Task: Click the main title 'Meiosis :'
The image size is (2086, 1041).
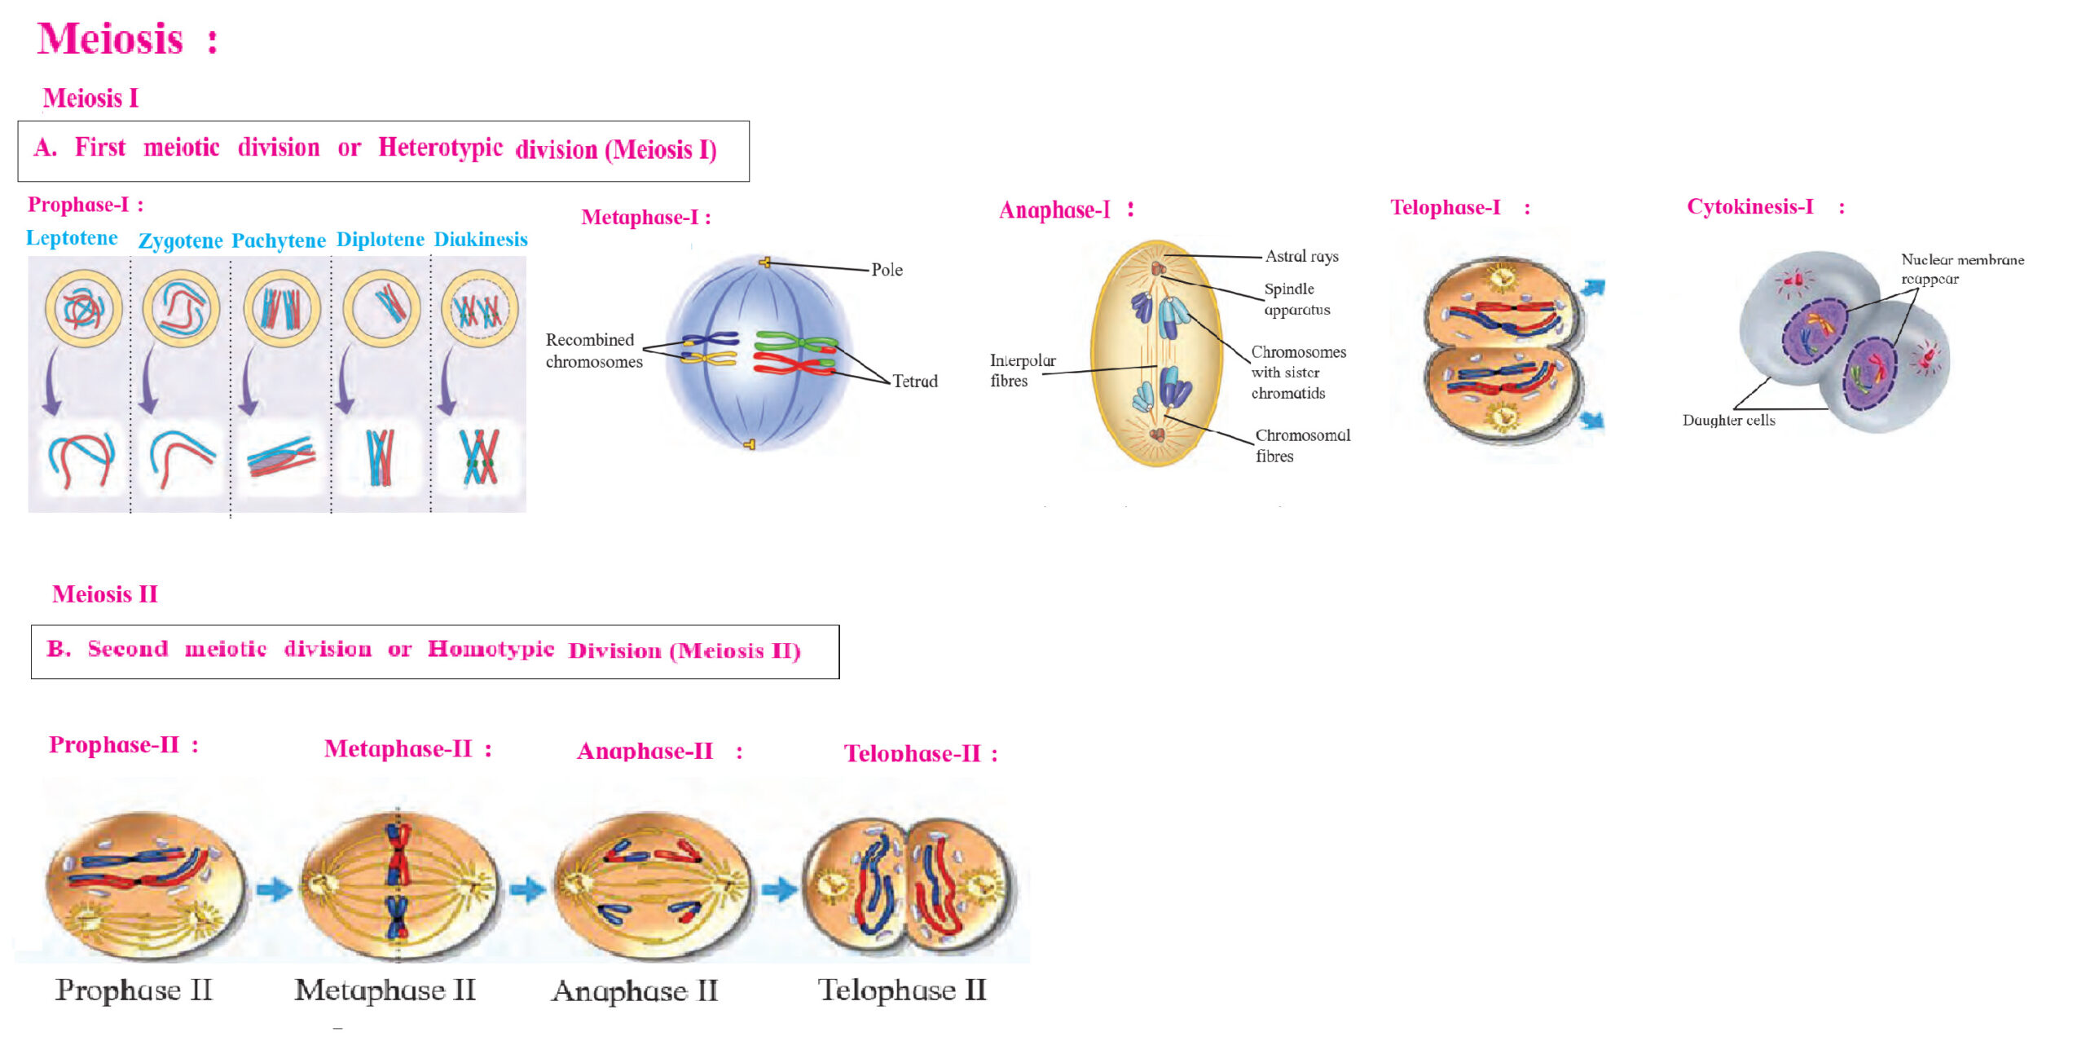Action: click(128, 39)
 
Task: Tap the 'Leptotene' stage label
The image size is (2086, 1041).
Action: click(72, 238)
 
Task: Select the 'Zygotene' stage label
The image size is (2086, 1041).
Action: click(180, 240)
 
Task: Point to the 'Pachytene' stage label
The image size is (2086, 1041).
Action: click(279, 240)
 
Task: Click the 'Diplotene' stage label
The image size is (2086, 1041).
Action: click(381, 240)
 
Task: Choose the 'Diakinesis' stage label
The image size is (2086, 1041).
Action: click(481, 239)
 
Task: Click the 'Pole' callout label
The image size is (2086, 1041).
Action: click(887, 270)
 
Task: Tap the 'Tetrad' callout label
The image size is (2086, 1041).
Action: click(914, 381)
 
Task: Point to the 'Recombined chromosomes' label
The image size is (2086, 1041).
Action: click(594, 351)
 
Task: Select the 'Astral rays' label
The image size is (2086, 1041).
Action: click(1301, 257)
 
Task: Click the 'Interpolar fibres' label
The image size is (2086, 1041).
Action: click(1023, 370)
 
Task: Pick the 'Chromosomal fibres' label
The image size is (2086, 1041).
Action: click(1302, 445)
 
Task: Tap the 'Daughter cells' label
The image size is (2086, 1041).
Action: click(1728, 421)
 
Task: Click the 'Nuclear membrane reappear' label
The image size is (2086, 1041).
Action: click(1962, 269)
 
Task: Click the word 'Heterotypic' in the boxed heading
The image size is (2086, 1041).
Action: click(440, 148)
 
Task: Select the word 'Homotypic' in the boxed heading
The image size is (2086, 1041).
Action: click(491, 649)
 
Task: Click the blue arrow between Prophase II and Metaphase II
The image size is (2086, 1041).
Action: click(275, 888)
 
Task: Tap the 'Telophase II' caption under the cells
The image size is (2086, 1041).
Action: click(902, 990)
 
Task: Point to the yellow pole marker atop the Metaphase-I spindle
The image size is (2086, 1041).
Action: click(764, 262)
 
